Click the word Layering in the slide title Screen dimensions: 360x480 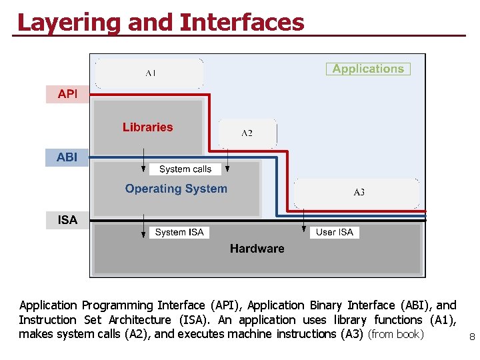click(x=69, y=22)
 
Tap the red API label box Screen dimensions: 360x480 click(x=67, y=95)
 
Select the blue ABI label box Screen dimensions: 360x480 click(x=67, y=158)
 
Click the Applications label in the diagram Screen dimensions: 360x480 click(x=368, y=69)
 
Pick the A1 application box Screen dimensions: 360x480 click(x=150, y=73)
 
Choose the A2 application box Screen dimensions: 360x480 click(x=247, y=133)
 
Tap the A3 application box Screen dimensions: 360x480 click(x=358, y=193)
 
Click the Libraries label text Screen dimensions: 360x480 click(x=147, y=127)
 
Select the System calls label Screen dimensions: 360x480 click(x=185, y=169)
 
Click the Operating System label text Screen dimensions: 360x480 click(x=176, y=189)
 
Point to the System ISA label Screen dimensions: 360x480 click(x=179, y=232)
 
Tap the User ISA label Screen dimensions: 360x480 click(x=334, y=232)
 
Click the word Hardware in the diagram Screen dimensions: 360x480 click(x=257, y=249)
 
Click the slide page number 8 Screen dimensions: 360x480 click(x=472, y=337)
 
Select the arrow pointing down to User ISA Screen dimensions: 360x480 click(x=304, y=221)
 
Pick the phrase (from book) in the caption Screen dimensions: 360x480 click(x=396, y=334)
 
